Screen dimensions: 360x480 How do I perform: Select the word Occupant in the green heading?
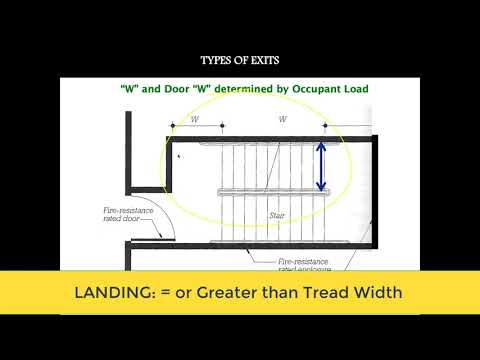(x=308, y=89)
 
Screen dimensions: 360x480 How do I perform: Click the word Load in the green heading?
(x=354, y=89)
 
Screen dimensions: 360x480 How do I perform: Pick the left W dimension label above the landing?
(x=194, y=119)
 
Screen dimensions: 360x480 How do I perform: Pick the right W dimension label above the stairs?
(x=283, y=119)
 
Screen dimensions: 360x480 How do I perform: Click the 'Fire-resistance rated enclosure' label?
(x=305, y=262)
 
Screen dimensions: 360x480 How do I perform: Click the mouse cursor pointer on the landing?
(x=179, y=156)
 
